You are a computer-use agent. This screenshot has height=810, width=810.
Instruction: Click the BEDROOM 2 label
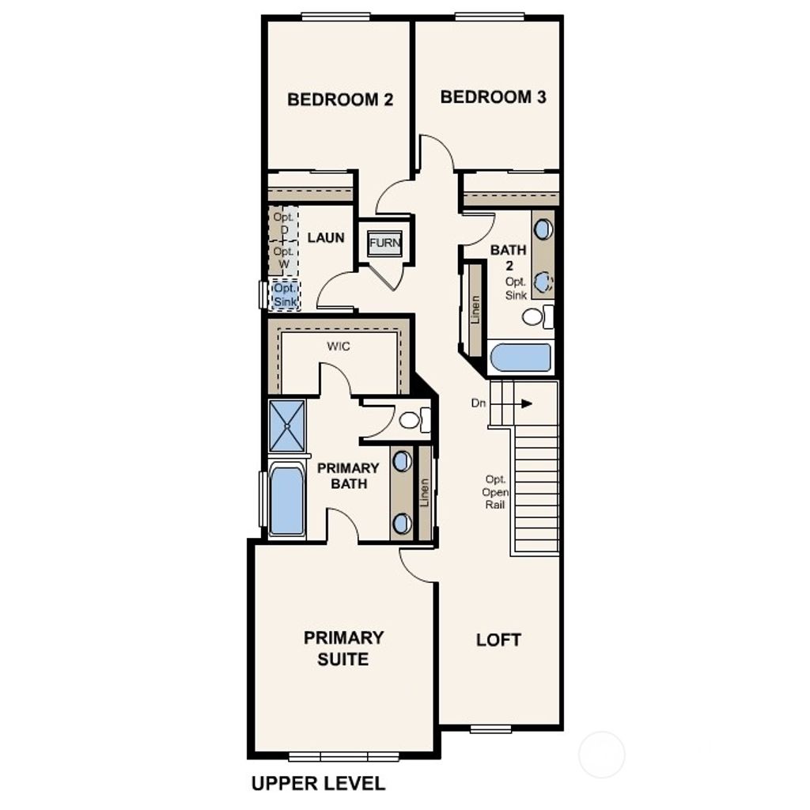point(340,100)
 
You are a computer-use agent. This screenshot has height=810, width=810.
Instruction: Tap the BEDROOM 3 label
point(493,97)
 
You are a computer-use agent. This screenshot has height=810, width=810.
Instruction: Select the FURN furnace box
point(385,243)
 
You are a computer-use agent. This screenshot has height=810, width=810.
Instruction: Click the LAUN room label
point(326,237)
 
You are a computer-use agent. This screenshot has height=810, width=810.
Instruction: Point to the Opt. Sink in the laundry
point(285,295)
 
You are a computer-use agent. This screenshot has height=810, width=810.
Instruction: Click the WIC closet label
point(339,346)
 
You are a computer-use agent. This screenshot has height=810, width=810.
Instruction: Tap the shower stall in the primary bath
point(286,426)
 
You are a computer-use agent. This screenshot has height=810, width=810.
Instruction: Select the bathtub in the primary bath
point(286,500)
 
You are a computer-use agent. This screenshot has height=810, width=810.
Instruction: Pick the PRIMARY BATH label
point(348,475)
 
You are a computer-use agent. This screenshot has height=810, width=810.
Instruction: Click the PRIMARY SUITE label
point(343,648)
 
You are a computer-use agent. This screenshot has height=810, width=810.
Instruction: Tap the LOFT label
point(498,640)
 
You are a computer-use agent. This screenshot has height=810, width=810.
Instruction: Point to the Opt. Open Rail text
point(497,492)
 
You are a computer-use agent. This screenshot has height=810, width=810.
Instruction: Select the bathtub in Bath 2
point(520,358)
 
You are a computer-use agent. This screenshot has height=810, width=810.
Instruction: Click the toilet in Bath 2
point(537,316)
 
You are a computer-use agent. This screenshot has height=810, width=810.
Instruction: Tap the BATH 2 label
point(508,257)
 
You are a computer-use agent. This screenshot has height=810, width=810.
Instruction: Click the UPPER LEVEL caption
point(318,784)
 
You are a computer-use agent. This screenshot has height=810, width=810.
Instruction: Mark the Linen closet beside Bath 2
point(475,308)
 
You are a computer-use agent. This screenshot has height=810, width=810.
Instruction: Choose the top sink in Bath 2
point(543,229)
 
